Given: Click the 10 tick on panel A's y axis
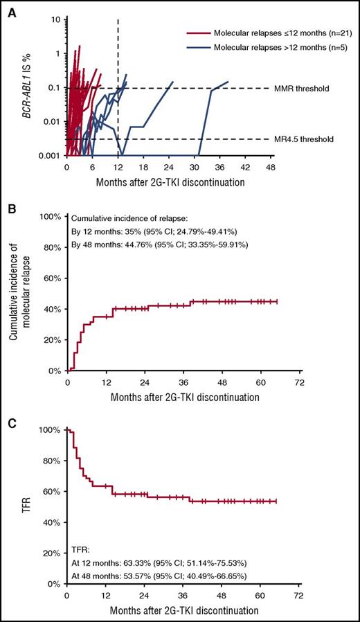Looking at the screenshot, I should coord(56,20).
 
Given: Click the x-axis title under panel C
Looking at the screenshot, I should coord(183,612).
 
